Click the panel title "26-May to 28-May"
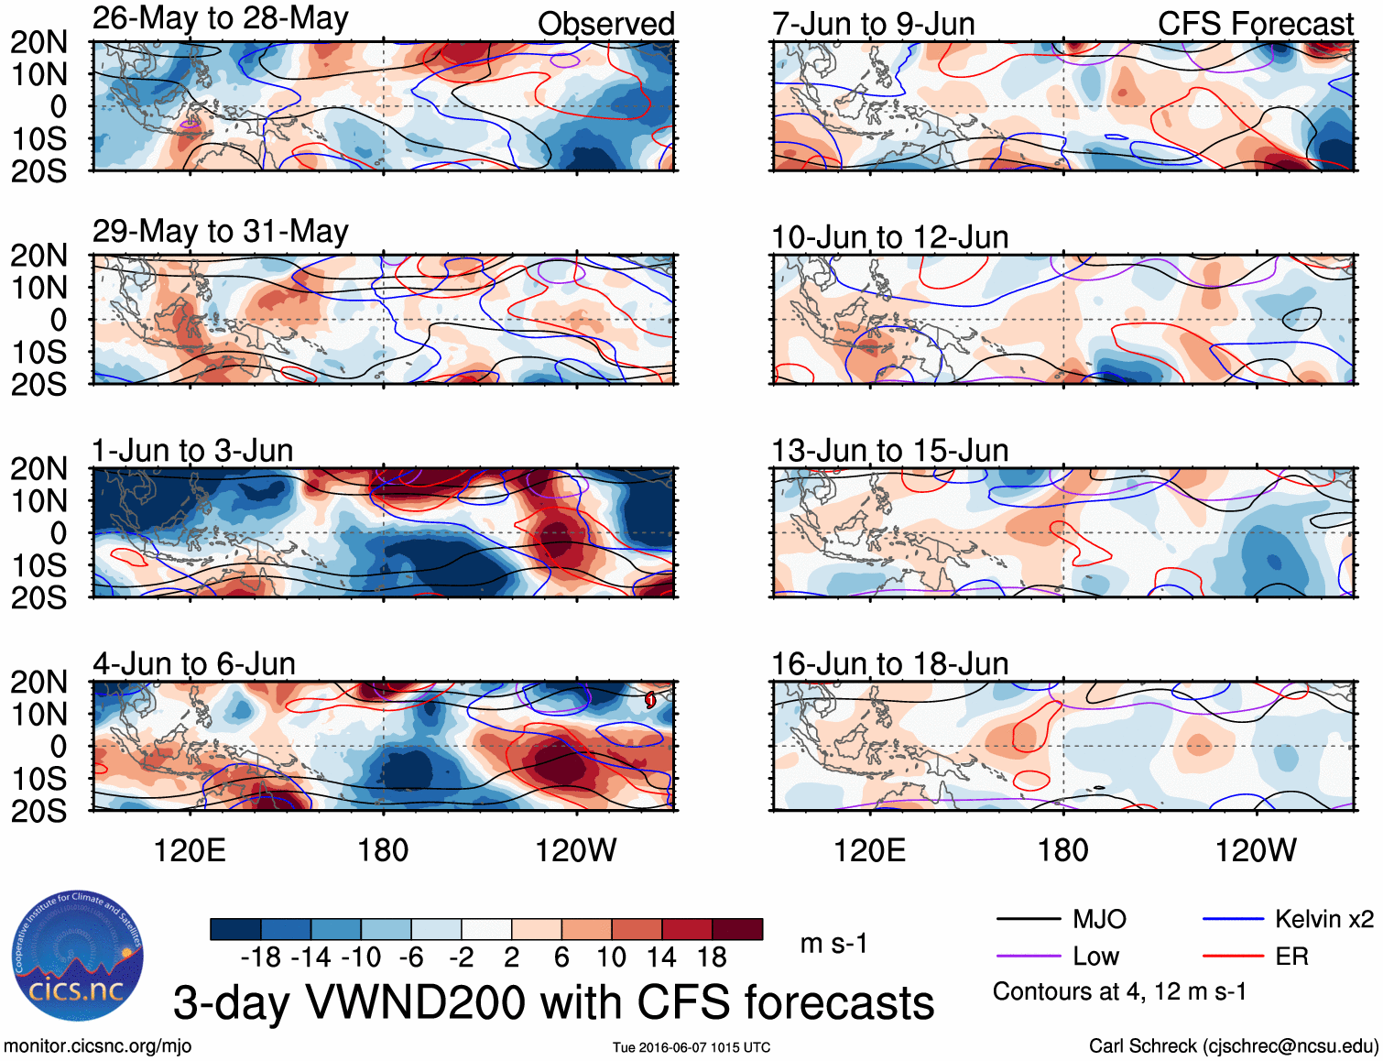(x=220, y=18)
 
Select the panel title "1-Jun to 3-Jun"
(x=192, y=451)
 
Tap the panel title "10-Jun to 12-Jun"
(x=889, y=237)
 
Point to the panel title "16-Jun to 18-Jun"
(x=889, y=663)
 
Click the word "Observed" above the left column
(x=605, y=24)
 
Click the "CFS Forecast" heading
(x=1255, y=24)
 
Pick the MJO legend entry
(x=1062, y=919)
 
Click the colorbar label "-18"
(x=261, y=957)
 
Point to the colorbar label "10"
(x=611, y=957)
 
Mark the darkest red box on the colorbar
(x=737, y=929)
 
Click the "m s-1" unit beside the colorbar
(x=833, y=944)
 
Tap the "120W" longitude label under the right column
(x=1255, y=850)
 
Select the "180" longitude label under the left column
(x=383, y=850)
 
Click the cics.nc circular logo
(x=77, y=956)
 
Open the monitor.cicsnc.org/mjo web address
(x=97, y=1046)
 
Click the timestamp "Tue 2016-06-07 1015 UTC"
(x=691, y=1047)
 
